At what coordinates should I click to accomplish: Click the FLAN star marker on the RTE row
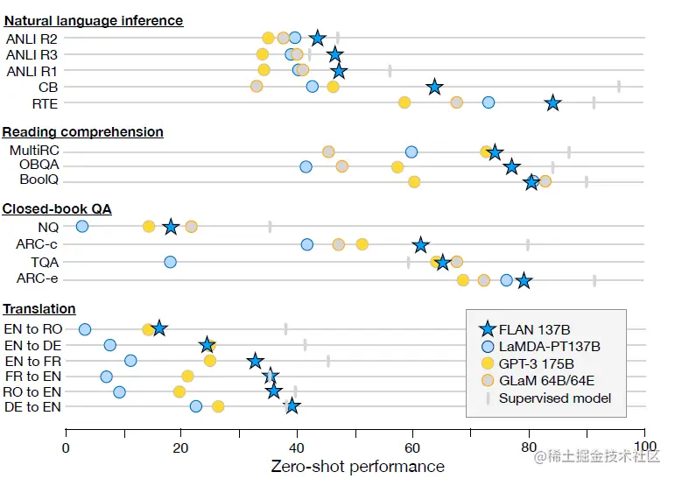[x=552, y=103]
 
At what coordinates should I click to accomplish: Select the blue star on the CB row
[x=434, y=87]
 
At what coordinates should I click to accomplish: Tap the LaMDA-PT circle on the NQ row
[x=82, y=227]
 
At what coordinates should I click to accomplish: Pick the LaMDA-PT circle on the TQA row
[x=170, y=262]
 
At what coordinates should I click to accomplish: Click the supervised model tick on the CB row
[x=619, y=86]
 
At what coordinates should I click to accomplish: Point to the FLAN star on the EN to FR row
[x=255, y=361]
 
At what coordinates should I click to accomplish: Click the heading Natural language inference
[x=93, y=20]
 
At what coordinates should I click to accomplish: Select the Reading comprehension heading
[x=82, y=132]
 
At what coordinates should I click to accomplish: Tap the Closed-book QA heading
[x=57, y=209]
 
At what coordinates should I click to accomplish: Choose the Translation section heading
[x=39, y=309]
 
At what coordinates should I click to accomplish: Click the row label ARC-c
[x=37, y=244]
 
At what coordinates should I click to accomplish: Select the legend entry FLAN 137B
[x=534, y=329]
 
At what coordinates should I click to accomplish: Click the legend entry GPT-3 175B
[x=536, y=363]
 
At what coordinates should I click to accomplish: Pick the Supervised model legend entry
[x=555, y=398]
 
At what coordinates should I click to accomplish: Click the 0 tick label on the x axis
[x=66, y=447]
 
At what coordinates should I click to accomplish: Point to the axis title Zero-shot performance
[x=357, y=467]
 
